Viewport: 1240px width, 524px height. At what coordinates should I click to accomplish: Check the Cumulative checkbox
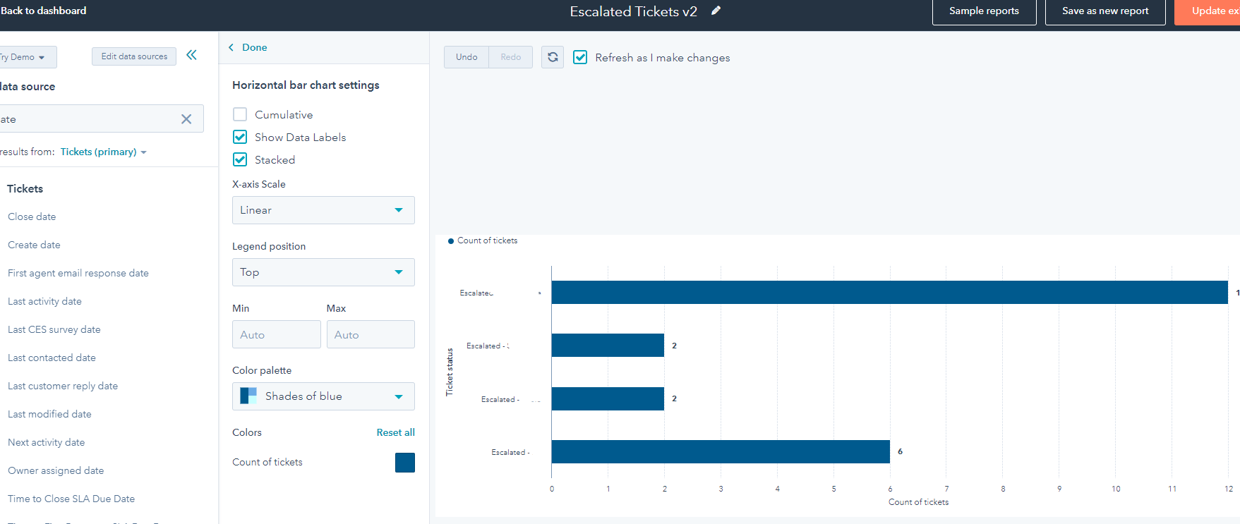click(x=240, y=114)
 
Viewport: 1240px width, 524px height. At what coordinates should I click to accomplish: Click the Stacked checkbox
click(x=240, y=160)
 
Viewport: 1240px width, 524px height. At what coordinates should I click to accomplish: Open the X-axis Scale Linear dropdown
click(x=323, y=210)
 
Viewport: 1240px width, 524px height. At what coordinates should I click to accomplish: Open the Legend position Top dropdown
click(x=323, y=272)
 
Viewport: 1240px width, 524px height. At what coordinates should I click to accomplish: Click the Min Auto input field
click(x=276, y=334)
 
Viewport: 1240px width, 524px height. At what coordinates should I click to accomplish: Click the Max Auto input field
click(x=370, y=334)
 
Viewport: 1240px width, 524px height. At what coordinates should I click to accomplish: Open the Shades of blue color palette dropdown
click(x=323, y=396)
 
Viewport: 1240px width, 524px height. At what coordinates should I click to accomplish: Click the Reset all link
click(x=395, y=432)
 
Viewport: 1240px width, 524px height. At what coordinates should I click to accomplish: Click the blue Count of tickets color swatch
click(x=405, y=463)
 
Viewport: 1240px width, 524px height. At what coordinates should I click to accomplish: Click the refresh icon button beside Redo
click(x=553, y=57)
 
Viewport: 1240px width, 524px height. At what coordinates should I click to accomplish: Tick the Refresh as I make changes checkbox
click(x=580, y=57)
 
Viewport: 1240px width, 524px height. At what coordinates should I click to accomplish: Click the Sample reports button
click(x=984, y=11)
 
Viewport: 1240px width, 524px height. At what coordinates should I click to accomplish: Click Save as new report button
click(x=1104, y=11)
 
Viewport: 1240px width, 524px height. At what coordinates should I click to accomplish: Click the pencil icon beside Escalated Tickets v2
click(x=716, y=11)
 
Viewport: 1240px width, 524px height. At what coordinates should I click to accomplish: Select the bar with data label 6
click(x=720, y=451)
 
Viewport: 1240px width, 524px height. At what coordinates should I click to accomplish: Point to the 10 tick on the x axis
click(x=1116, y=489)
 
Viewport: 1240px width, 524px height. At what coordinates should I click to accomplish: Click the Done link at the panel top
click(x=254, y=47)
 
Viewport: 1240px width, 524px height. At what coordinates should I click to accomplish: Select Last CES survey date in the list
click(x=54, y=329)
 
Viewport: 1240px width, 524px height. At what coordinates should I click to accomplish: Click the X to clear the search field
click(x=186, y=119)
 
